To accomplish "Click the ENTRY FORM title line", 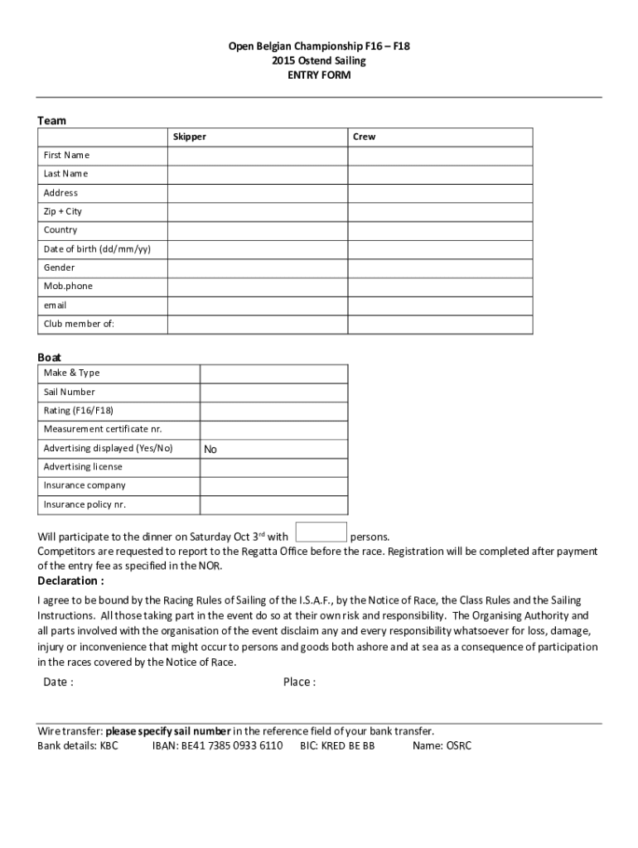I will tap(319, 75).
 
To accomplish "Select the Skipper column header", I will tap(190, 137).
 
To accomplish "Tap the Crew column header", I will tap(364, 137).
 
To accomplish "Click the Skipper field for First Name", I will tap(258, 156).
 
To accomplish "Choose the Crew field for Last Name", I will tap(440, 174).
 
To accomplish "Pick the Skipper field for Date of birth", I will tap(258, 249).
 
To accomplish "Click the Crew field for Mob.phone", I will tap(440, 287).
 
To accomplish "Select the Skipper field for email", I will tap(258, 306).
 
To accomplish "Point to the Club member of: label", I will tap(79, 324).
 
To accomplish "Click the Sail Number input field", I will tap(273, 393).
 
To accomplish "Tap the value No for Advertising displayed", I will tap(210, 450).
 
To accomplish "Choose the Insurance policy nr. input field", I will tap(273, 505).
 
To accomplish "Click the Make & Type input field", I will tap(273, 373).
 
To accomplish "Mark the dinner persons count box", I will tap(321, 532).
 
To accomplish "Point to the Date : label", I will tap(58, 682).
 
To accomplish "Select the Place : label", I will tap(299, 682).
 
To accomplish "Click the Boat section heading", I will tap(49, 358).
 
